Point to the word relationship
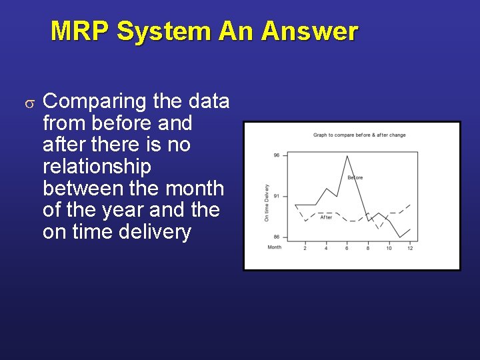(x=97, y=166)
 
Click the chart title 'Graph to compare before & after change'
(x=359, y=135)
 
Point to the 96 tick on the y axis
(x=277, y=155)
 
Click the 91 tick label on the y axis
(x=277, y=196)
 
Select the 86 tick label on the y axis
(x=277, y=237)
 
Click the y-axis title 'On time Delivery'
(x=267, y=203)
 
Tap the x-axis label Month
(x=275, y=247)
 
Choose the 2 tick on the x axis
(x=305, y=249)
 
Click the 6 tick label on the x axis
(x=347, y=249)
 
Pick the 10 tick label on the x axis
(x=389, y=249)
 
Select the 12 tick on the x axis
(x=409, y=249)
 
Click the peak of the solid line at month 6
(x=347, y=156)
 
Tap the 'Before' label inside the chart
(x=355, y=177)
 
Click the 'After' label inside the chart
(x=326, y=217)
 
